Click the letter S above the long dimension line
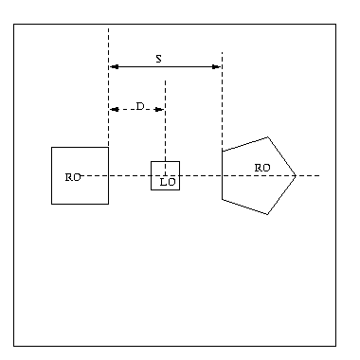159,59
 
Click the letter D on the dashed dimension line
140,106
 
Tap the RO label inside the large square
73,177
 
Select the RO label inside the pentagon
262,168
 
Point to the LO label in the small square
168,182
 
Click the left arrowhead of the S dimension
114,66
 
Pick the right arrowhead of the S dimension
216,66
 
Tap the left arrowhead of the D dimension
114,109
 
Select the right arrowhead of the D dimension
159,109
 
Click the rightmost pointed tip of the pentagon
296,175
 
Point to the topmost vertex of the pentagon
268,137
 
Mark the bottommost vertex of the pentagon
268,214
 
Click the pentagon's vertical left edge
223,175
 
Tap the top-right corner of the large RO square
108,147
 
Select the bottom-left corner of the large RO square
52,204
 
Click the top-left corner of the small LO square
151,162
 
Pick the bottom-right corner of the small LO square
180,189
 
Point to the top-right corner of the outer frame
335,24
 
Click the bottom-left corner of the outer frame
13,346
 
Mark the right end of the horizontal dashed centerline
319,175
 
